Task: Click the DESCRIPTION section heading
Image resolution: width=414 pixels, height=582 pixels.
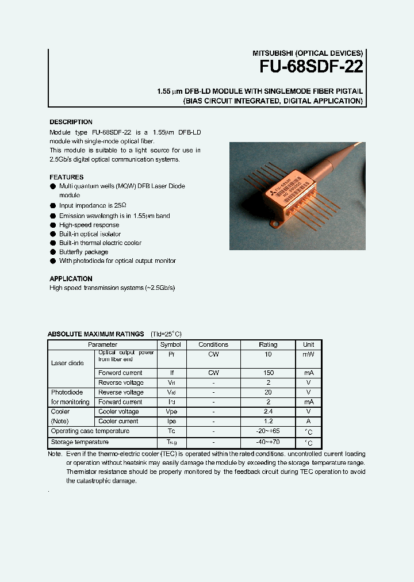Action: (71, 122)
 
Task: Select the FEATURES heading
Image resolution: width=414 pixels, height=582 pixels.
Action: (66, 177)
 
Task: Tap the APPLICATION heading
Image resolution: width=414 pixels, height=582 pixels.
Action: (71, 278)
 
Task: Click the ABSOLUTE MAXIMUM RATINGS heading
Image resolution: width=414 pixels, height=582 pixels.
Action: (95, 334)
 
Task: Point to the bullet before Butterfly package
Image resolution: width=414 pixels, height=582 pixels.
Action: (53, 252)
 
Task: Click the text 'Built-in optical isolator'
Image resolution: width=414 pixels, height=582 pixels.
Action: (90, 234)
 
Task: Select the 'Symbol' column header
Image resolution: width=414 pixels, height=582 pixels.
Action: (170, 344)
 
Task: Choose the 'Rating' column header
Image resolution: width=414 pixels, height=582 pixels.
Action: (268, 344)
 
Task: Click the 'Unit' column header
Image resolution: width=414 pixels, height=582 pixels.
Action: (308, 344)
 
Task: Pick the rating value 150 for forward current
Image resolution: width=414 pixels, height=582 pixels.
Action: (268, 373)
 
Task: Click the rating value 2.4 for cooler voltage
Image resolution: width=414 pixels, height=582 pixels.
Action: (268, 412)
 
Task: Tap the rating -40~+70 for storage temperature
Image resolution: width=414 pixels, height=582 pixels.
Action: (268, 442)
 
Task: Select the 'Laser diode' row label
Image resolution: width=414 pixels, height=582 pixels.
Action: (67, 363)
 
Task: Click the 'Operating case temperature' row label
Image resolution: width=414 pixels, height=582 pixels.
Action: (90, 431)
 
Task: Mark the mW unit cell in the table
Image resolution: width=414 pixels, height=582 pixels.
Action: (308, 355)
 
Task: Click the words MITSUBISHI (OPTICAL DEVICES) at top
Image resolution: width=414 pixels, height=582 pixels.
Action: (308, 53)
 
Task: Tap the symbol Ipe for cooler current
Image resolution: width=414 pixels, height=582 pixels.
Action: (170, 422)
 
